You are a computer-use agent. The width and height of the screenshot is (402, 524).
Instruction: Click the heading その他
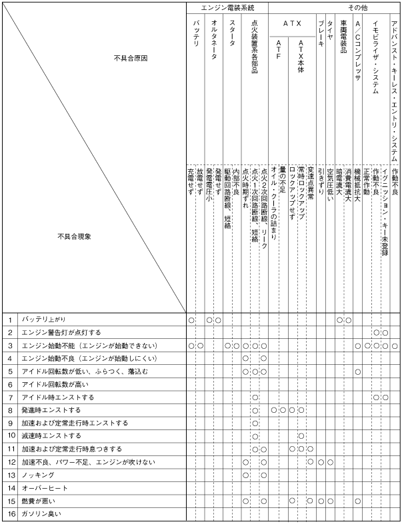[x=357, y=7]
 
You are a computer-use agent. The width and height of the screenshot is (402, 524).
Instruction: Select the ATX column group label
[x=293, y=23]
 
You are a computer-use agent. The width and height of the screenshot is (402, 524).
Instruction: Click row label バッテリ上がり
[x=43, y=320]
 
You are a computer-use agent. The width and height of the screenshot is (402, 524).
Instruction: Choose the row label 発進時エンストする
[x=51, y=410]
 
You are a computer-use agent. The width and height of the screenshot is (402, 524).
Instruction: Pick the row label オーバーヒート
[x=43, y=488]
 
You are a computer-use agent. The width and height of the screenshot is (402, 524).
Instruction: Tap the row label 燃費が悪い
[x=39, y=501]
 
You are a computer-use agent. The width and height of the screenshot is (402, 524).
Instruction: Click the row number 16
[x=10, y=514]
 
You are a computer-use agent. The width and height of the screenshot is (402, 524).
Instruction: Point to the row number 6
[x=10, y=384]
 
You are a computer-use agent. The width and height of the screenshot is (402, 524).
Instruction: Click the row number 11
[x=10, y=449]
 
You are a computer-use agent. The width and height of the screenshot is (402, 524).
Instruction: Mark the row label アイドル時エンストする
[x=57, y=397]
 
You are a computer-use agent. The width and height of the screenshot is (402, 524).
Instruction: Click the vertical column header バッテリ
[x=196, y=33]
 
